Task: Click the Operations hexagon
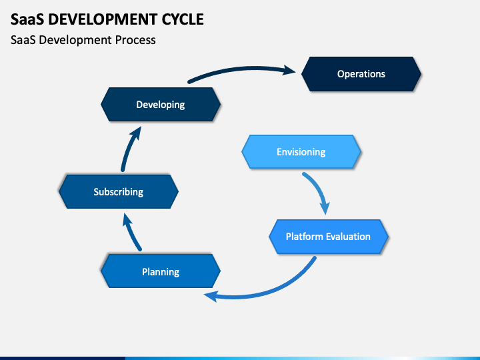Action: coord(361,74)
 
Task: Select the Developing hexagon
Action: coord(161,105)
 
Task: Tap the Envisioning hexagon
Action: coord(301,152)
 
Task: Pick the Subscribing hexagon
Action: coord(119,191)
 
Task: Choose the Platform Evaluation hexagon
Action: coord(329,237)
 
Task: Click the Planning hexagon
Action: coord(161,271)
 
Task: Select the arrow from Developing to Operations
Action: coord(242,69)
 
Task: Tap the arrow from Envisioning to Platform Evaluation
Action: coord(319,190)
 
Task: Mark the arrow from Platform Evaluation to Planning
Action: coord(273,289)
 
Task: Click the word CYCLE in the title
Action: coord(183,19)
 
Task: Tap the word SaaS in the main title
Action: coord(27,19)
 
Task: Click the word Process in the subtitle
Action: coord(135,40)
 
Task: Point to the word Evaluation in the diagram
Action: coord(348,237)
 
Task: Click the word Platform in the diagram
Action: coord(304,237)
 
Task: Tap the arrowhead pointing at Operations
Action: coord(289,70)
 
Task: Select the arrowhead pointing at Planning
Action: coord(211,296)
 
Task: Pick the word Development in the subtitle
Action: coord(75,40)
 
